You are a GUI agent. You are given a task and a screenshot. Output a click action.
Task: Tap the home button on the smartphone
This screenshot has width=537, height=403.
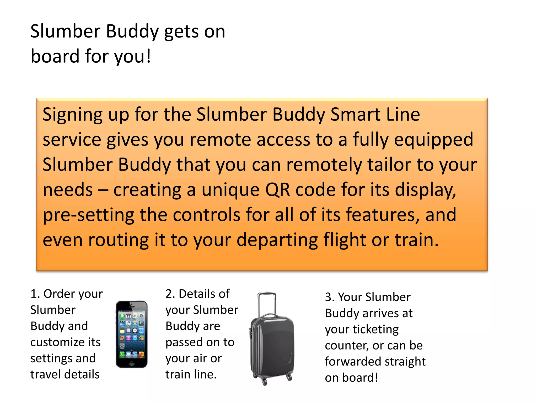pos(132,363)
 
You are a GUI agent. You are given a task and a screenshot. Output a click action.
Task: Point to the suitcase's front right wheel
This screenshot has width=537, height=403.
pos(289,378)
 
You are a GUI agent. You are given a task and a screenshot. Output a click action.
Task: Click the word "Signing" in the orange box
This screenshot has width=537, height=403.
pos(73,115)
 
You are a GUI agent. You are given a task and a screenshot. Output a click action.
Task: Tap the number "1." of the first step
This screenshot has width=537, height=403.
pos(35,294)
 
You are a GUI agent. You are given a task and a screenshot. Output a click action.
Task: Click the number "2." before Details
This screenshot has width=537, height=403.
pos(170,294)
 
